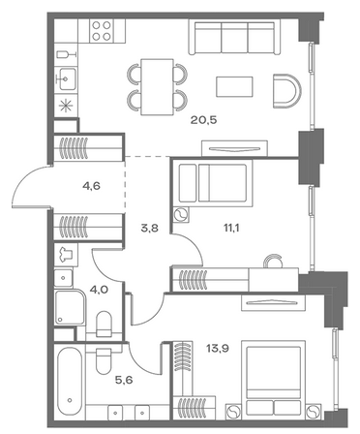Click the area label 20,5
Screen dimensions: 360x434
tap(203, 120)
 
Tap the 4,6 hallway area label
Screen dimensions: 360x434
tap(91, 186)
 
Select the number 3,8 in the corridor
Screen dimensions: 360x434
tap(149, 229)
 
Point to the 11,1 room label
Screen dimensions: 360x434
tap(231, 229)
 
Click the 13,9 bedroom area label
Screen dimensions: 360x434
tap(218, 349)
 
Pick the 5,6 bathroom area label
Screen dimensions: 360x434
tap(124, 380)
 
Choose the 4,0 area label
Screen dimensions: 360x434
tap(99, 290)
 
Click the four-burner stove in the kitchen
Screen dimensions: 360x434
tap(102, 31)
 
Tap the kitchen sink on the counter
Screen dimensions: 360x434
tap(66, 78)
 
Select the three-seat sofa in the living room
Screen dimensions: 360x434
tap(234, 37)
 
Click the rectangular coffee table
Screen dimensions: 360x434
tap(234, 86)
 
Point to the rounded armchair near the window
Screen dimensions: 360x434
tap(286, 91)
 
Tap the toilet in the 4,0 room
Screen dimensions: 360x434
tap(104, 324)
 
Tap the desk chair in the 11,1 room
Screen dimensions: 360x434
tap(273, 261)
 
